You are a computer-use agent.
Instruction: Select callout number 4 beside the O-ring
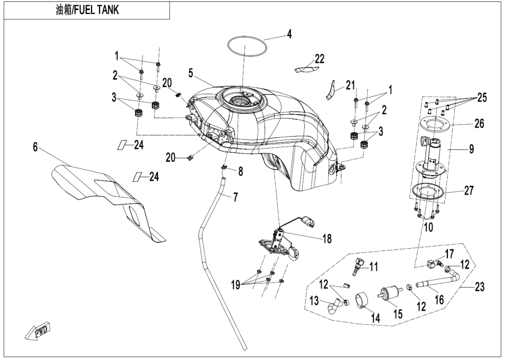[289, 34]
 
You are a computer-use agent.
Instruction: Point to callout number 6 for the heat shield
[35, 147]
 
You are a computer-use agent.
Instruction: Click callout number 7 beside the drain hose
[235, 197]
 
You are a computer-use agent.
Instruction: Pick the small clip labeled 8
[223, 167]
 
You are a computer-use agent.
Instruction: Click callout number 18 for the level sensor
[327, 239]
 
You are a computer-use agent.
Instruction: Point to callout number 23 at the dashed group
[480, 287]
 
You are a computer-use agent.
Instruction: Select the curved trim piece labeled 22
[307, 68]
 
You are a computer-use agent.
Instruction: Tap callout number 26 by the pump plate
[480, 123]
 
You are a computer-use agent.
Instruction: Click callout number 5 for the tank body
[191, 73]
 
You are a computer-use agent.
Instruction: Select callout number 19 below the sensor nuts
[236, 285]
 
